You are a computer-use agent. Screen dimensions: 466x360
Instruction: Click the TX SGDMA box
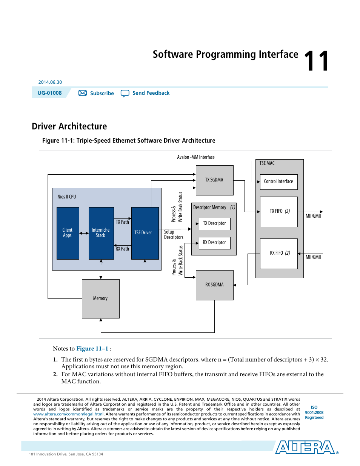[214, 180]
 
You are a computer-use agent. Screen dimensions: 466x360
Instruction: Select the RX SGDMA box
[214, 285]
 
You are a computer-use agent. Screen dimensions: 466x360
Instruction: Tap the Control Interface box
[278, 181]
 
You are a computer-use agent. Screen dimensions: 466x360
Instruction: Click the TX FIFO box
[278, 211]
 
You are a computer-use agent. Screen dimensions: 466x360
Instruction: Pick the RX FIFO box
[278, 253]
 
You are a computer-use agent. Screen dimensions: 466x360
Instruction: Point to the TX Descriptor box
[214, 223]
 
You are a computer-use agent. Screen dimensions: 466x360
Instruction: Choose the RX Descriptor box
[214, 243]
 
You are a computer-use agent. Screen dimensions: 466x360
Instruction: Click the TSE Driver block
[145, 233]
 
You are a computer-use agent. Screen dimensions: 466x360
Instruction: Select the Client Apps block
[68, 233]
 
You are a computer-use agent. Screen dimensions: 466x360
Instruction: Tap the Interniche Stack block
[101, 233]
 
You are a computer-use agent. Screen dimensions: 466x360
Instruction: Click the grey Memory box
[100, 298]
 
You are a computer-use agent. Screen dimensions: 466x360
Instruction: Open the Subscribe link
[102, 93]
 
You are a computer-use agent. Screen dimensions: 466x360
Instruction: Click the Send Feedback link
[151, 93]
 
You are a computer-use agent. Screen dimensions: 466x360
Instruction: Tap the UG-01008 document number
[49, 93]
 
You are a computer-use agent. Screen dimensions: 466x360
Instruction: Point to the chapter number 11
[317, 61]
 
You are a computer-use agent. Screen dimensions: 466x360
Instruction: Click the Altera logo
[305, 447]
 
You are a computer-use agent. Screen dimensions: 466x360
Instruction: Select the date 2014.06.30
[50, 82]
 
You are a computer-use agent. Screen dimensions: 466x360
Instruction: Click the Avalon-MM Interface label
[196, 157]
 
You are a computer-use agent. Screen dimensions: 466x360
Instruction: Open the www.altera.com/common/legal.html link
[68, 414]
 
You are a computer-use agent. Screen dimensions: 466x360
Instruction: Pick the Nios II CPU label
[67, 197]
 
